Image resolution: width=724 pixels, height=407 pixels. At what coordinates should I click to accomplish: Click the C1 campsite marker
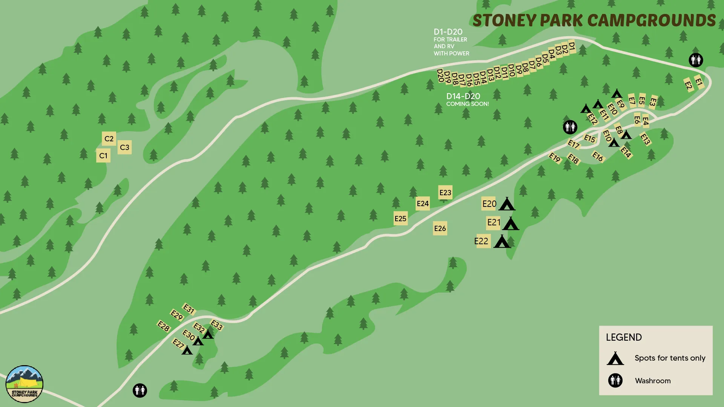103,156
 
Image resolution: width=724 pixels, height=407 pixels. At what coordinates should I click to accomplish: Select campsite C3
124,147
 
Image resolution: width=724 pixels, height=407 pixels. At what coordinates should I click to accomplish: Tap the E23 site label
445,193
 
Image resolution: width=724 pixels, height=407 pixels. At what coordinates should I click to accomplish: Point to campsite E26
440,228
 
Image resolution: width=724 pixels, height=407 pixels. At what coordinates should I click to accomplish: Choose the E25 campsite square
400,219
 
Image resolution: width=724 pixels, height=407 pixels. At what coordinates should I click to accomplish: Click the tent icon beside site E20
507,204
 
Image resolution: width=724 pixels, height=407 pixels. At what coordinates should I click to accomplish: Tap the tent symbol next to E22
502,242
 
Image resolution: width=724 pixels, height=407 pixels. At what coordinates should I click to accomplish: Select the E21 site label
493,222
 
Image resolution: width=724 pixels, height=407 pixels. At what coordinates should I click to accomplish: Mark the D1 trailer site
572,46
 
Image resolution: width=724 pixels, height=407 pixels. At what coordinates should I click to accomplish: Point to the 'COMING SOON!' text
468,104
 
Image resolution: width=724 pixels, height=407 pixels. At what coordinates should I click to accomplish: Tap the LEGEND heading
624,337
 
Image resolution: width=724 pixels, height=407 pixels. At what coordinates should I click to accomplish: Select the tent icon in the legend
615,358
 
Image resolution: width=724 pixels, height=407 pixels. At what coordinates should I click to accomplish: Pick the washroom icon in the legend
615,381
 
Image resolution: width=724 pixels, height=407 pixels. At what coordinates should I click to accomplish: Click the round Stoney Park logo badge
25,384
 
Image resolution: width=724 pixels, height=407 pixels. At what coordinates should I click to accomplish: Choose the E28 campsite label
164,326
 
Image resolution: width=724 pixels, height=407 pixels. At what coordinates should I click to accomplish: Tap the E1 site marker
699,82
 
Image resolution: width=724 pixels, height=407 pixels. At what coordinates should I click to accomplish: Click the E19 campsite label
555,158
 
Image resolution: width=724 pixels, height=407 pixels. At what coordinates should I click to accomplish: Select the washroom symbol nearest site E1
696,60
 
